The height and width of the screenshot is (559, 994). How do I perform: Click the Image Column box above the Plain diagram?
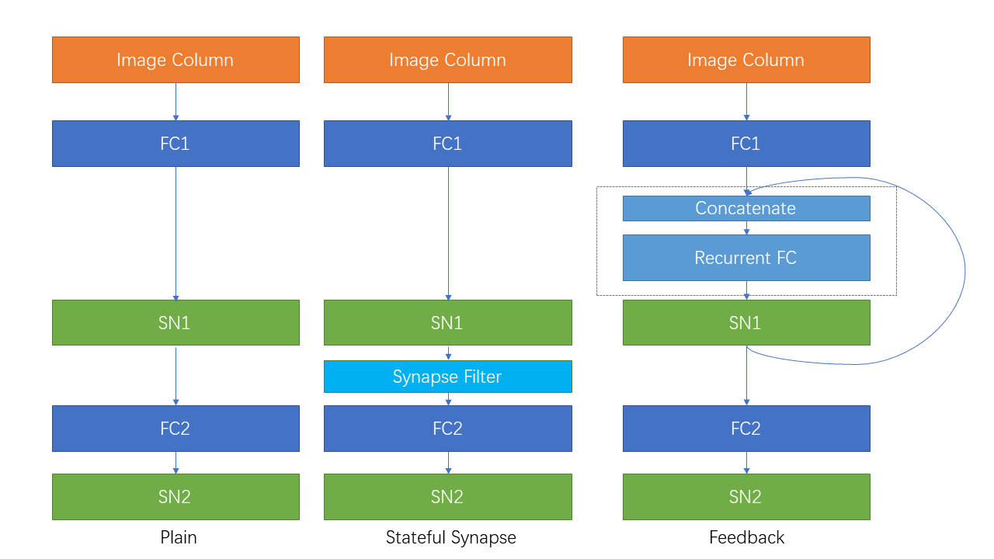(176, 60)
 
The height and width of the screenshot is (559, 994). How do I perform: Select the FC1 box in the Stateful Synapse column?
(447, 144)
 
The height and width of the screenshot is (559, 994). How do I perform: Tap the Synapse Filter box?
(447, 377)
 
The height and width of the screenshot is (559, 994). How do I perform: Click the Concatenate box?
(745, 208)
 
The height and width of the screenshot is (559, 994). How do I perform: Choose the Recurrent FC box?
(745, 258)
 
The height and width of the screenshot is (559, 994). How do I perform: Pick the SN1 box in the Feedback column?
(745, 322)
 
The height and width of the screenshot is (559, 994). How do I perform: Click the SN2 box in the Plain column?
(176, 497)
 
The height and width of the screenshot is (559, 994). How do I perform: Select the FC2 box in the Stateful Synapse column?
(447, 429)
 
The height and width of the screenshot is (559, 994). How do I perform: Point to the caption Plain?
(179, 537)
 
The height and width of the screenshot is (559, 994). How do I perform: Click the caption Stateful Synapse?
(450, 537)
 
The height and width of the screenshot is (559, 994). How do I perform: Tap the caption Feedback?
(746, 537)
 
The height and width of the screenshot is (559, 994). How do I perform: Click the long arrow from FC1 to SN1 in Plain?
(176, 233)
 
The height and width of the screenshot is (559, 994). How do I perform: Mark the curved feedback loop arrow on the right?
(964, 272)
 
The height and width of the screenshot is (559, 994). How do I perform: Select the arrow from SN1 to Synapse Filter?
(448, 353)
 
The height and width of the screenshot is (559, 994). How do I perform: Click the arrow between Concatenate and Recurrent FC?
(746, 228)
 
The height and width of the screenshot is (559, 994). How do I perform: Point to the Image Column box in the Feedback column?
(745, 60)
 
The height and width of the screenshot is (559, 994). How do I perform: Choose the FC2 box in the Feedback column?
(745, 429)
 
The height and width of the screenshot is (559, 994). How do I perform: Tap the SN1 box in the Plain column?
(176, 322)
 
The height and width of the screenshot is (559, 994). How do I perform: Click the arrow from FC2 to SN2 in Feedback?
(746, 463)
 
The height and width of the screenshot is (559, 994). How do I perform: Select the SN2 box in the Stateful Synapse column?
(447, 497)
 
